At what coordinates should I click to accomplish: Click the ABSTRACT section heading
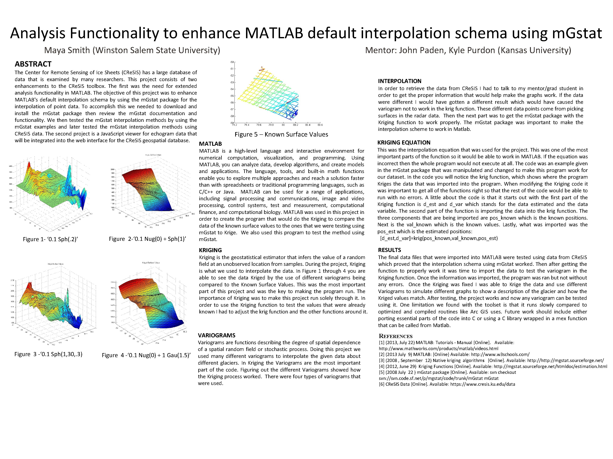point(33,64)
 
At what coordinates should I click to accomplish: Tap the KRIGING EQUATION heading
point(404,143)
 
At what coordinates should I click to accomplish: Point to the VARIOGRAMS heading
point(216,335)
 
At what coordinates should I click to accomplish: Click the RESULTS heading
point(389,250)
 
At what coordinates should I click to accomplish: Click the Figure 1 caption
point(50,239)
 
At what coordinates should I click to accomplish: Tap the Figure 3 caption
point(48,354)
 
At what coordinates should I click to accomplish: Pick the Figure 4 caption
point(146,355)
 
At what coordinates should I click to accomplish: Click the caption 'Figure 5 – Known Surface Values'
point(281,134)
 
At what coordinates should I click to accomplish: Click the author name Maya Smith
point(67,50)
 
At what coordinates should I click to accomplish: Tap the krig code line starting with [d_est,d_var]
point(439,238)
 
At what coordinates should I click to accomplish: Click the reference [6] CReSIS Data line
point(447,384)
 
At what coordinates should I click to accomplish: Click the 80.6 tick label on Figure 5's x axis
point(320,125)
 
